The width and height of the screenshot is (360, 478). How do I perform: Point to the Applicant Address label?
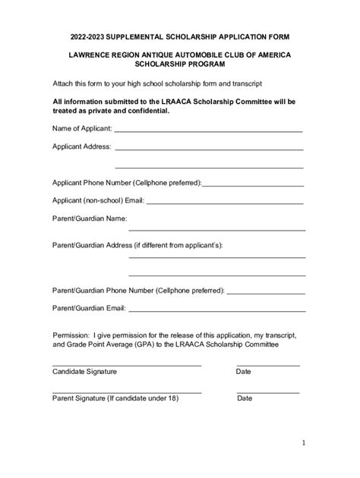tap(82, 146)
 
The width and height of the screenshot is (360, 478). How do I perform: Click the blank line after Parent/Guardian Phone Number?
tap(266, 292)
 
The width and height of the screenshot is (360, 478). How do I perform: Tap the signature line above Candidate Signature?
tap(126, 365)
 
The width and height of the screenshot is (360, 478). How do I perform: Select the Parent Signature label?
tap(115, 398)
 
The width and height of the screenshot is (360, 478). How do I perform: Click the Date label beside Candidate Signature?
tap(244, 372)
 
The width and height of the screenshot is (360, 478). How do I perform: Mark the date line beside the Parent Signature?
tap(268, 392)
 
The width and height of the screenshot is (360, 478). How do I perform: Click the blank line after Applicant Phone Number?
tap(253, 184)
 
